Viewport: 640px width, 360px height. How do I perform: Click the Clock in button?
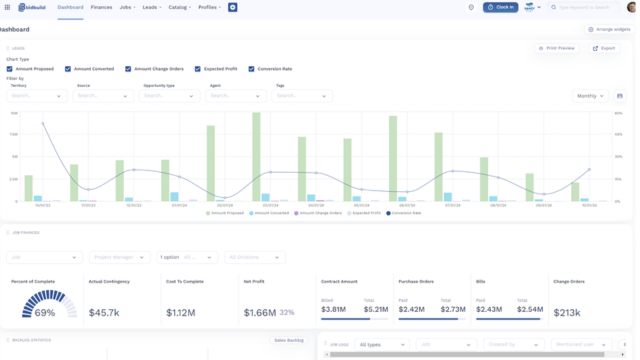click(x=500, y=7)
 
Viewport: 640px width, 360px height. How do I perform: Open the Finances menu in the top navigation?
click(x=101, y=7)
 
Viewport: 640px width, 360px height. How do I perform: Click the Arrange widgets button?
click(x=610, y=30)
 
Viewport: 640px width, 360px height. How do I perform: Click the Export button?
click(x=604, y=48)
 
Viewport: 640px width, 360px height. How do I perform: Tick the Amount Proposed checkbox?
click(x=11, y=69)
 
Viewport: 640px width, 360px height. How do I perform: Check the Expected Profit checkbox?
click(x=198, y=69)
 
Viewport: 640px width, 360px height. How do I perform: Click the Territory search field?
click(x=36, y=96)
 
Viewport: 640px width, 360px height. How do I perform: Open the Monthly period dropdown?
click(x=590, y=96)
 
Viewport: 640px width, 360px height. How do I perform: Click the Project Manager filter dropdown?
click(x=119, y=257)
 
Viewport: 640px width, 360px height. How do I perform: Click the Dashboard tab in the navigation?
click(x=70, y=7)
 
